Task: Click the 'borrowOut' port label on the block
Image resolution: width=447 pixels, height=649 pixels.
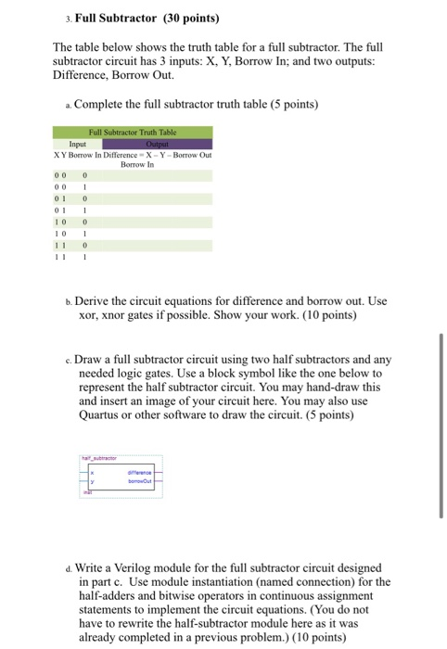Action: click(x=140, y=479)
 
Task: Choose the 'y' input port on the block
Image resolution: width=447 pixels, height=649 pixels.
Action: click(x=92, y=479)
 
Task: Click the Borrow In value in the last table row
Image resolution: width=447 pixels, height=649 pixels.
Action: click(x=84, y=259)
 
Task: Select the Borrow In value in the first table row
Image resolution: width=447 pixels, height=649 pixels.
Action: click(x=84, y=173)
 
